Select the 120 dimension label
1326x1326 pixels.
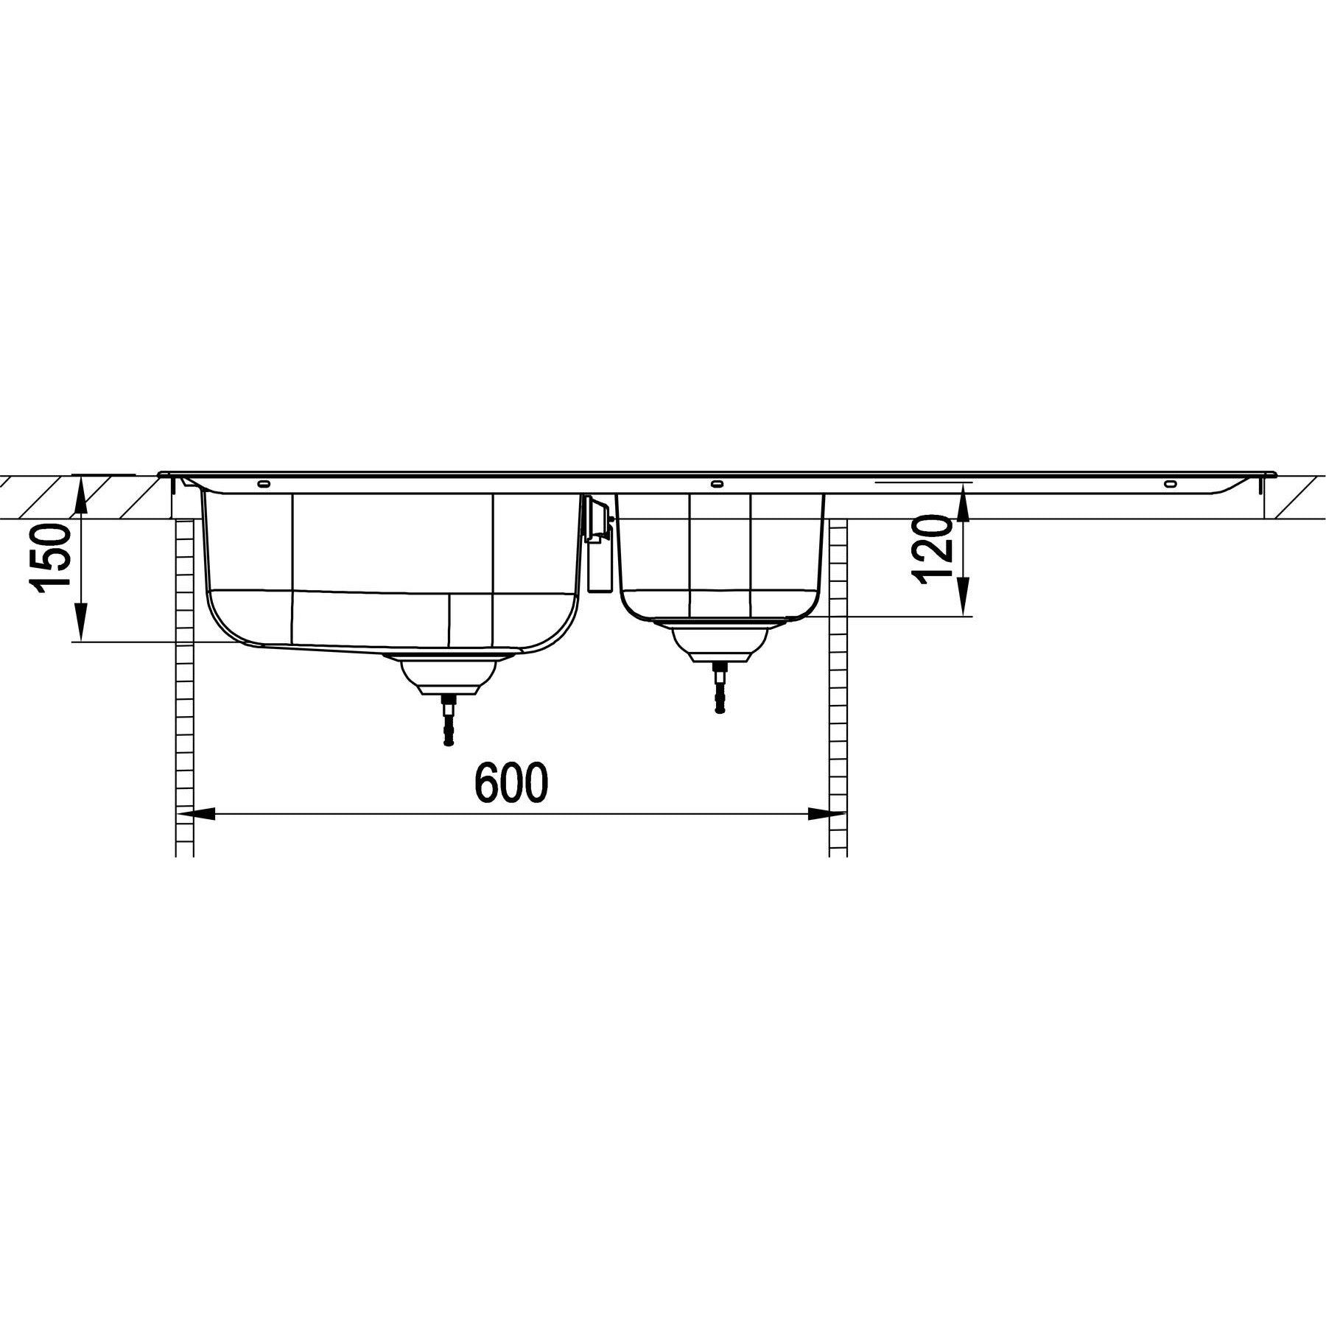(x=936, y=551)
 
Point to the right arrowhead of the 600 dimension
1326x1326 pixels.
(x=827, y=814)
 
